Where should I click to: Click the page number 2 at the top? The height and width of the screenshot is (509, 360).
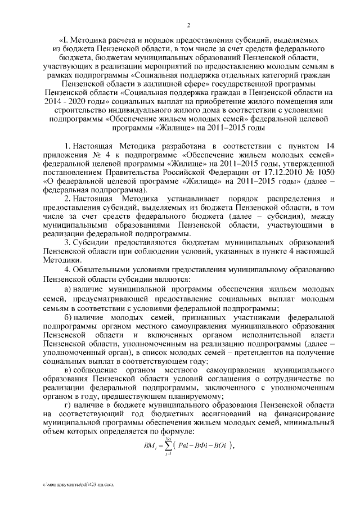point(188,25)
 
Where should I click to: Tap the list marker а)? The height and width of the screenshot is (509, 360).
point(68,288)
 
